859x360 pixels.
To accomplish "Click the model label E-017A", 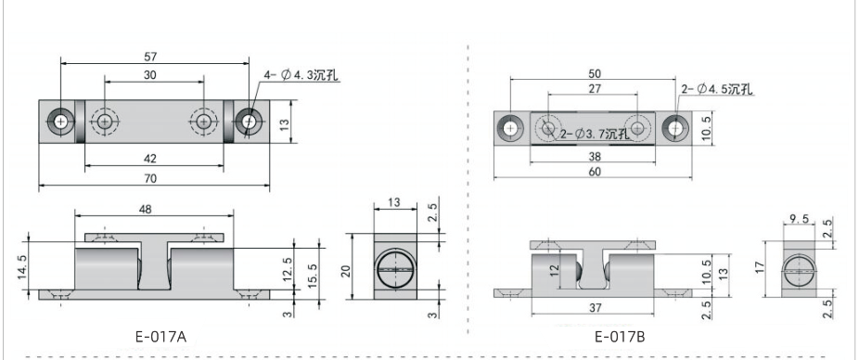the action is click(x=161, y=337).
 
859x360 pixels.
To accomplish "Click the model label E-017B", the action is click(x=621, y=337).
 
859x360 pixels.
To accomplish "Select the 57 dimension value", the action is click(x=150, y=57).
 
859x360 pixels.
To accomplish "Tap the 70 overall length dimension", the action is click(x=150, y=179).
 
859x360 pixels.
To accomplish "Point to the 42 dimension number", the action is click(x=150, y=159).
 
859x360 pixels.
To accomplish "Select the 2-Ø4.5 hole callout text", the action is click(x=717, y=89).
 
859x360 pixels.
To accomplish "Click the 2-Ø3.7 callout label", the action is click(x=595, y=135).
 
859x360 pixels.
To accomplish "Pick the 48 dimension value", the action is click(x=145, y=209).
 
